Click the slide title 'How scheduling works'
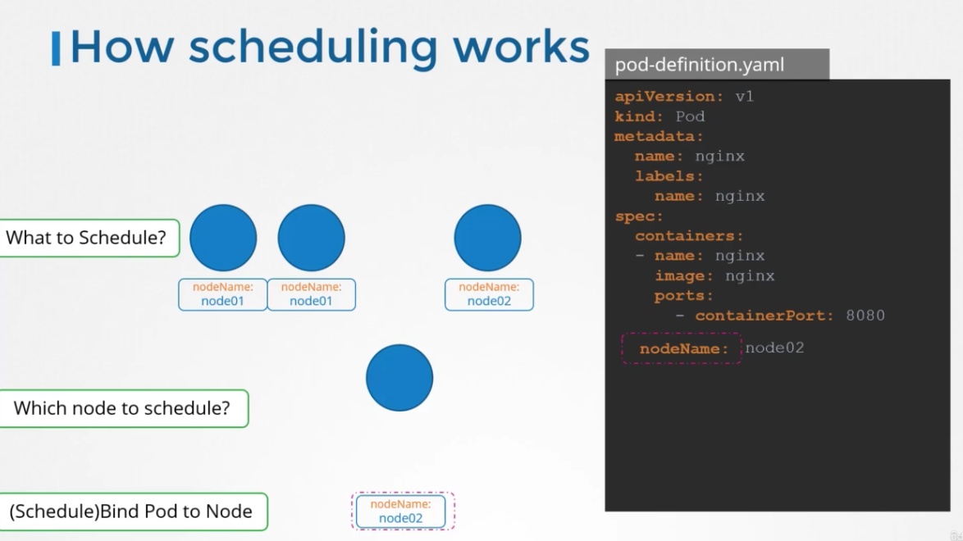coord(330,47)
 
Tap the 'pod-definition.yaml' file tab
coord(717,65)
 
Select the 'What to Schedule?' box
coord(89,238)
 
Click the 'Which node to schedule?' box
coord(123,407)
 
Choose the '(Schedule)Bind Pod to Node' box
coord(133,511)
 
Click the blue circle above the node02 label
coord(487,238)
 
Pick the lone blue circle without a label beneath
coord(399,378)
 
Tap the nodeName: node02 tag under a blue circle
coord(489,294)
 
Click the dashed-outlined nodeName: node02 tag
coord(403,511)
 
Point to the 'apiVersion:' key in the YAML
coord(665,97)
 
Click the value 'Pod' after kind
coord(690,116)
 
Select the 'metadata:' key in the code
coord(659,136)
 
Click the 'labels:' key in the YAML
coord(669,176)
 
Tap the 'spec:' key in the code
coord(639,216)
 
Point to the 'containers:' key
coord(689,236)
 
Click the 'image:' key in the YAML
coord(683,275)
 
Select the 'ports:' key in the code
coord(683,295)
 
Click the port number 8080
coord(865,316)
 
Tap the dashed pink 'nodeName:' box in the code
coord(682,349)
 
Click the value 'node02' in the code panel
coord(774,348)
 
